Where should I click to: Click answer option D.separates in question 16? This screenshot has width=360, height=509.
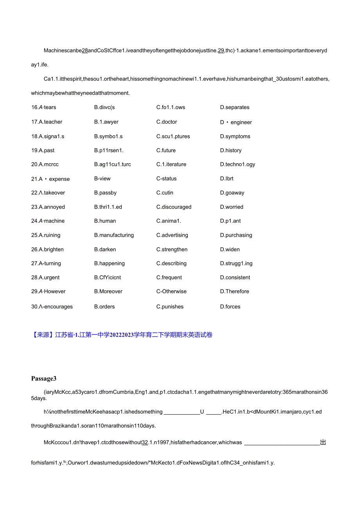click(x=234, y=107)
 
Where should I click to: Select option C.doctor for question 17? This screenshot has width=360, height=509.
click(x=167, y=122)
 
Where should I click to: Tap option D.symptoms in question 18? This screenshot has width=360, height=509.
click(x=235, y=136)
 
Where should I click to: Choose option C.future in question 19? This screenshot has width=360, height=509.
click(x=166, y=150)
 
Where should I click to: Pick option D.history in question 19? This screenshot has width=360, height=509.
click(x=230, y=150)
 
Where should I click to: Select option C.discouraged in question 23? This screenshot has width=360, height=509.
click(x=174, y=207)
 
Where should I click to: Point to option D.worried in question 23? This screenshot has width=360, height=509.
click(x=231, y=207)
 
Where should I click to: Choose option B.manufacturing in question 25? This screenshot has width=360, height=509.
click(x=114, y=235)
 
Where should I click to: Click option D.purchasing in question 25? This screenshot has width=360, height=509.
click(x=236, y=235)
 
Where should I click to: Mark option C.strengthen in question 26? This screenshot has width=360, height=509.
click(x=172, y=249)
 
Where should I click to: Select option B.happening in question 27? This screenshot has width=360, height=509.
click(x=109, y=263)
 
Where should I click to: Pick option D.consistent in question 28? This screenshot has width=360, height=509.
click(x=235, y=277)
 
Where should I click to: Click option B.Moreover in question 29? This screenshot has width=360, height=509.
click(x=108, y=291)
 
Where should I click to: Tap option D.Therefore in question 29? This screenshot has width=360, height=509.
click(x=234, y=291)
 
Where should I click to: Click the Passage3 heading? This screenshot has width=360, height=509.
click(x=44, y=378)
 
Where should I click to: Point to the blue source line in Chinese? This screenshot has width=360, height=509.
click(x=122, y=335)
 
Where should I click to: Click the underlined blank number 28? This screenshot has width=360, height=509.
click(x=85, y=50)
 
